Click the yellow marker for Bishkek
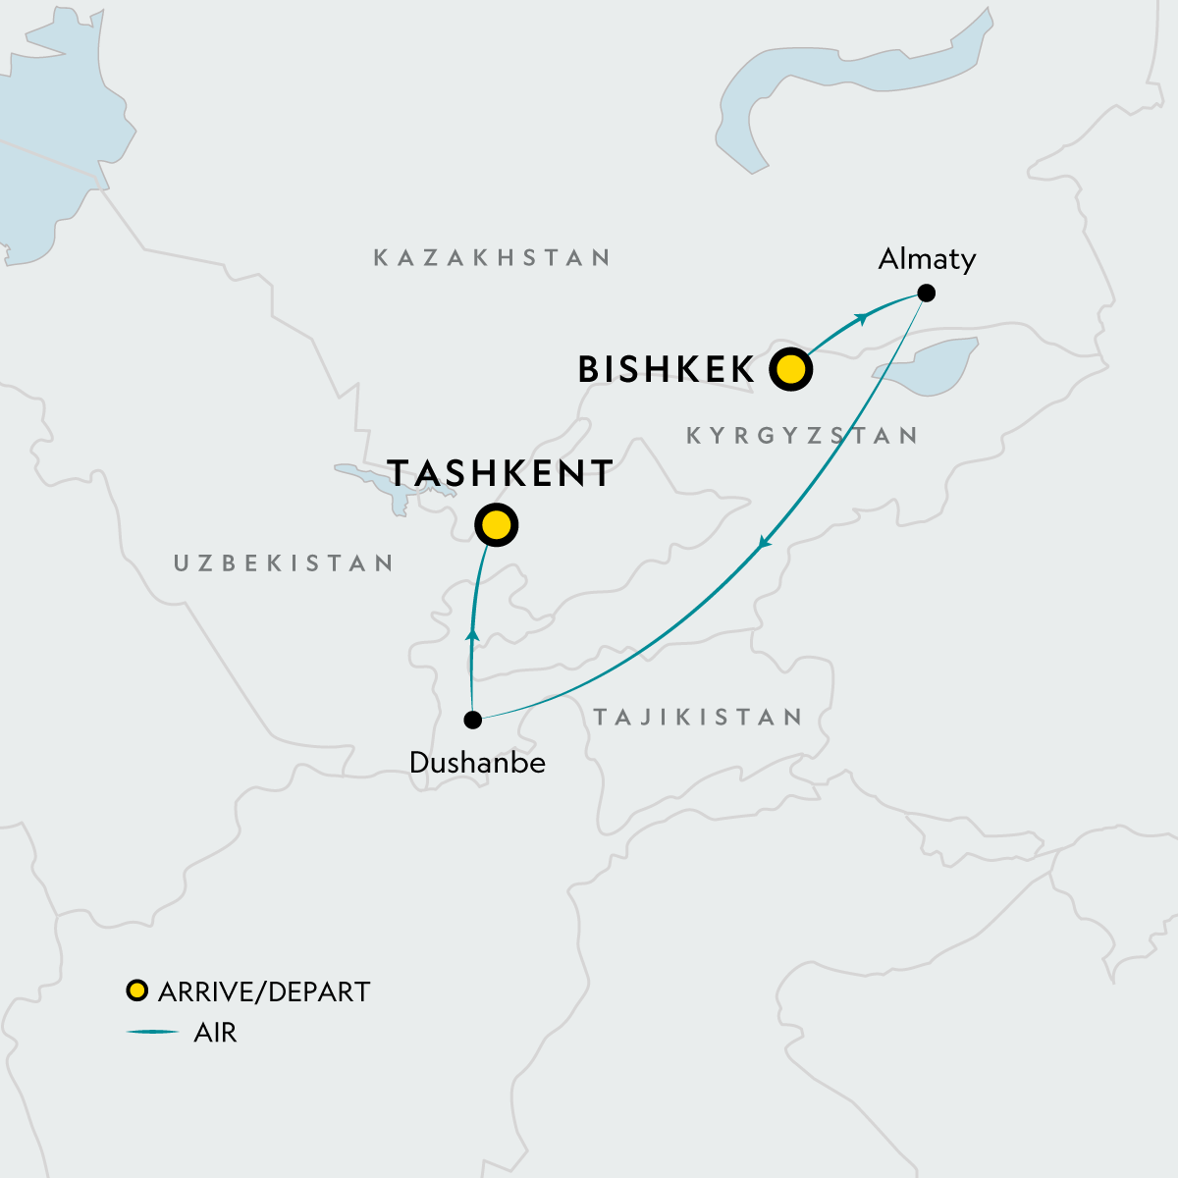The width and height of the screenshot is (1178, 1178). pos(791,370)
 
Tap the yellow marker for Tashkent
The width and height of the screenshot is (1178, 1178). pos(497,526)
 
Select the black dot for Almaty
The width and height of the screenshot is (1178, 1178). pos(926,293)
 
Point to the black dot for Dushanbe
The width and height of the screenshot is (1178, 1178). pos(472,720)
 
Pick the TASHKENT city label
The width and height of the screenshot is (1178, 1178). pos(501,473)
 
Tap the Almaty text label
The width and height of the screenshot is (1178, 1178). pos(927,259)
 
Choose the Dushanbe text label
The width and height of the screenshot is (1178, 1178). pos(477,763)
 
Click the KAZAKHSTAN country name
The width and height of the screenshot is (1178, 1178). pos(492,258)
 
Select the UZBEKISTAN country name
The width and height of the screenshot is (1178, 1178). pos(284,563)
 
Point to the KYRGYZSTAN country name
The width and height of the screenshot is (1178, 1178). pos(802,436)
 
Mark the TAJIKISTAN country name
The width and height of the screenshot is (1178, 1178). pos(698,718)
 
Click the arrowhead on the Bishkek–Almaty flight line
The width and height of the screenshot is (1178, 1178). pos(862,317)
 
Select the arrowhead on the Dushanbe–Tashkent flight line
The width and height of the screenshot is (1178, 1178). pos(472,635)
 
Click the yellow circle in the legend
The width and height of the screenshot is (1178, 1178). pos(137,991)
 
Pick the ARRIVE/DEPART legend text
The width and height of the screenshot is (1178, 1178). pos(264,991)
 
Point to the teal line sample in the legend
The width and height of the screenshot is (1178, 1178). pos(152,1033)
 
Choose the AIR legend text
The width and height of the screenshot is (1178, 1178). pos(216,1033)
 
